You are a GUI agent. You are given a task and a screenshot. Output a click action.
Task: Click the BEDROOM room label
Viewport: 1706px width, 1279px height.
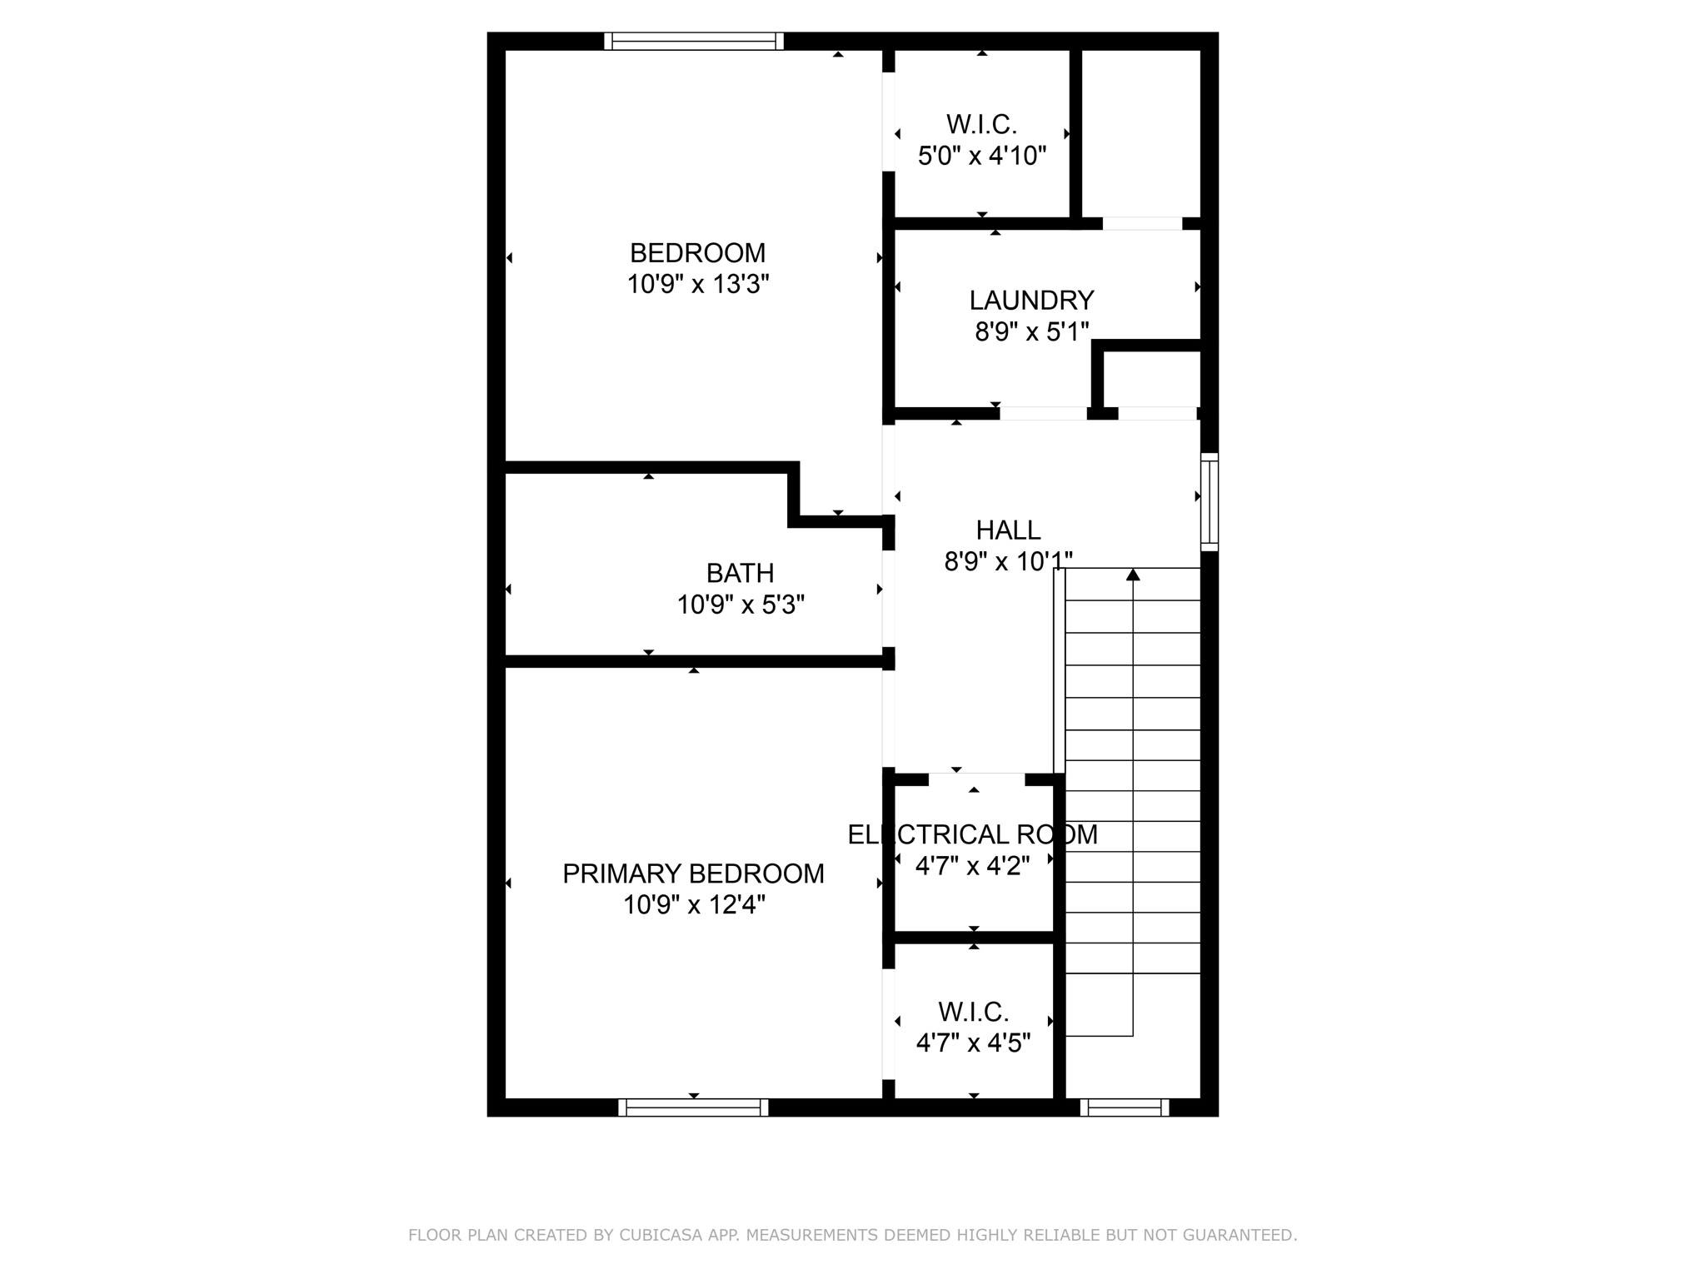(697, 252)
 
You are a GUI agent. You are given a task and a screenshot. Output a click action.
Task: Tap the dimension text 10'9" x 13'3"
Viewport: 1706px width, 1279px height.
(697, 285)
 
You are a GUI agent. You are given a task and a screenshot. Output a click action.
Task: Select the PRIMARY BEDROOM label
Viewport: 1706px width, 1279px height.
(693, 873)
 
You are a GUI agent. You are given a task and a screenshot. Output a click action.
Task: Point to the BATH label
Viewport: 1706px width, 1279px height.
(740, 573)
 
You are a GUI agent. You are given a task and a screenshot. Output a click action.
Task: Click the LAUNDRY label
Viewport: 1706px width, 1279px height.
(1031, 300)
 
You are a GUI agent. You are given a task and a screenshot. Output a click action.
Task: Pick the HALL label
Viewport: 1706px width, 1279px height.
(1008, 530)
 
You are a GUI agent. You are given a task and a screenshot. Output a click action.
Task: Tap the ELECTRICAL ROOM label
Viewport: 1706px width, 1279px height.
(972, 834)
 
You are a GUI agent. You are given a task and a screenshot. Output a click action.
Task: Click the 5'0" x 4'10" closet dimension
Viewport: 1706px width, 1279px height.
(981, 156)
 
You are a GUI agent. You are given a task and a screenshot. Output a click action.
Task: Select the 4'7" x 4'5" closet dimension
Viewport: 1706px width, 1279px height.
(973, 1043)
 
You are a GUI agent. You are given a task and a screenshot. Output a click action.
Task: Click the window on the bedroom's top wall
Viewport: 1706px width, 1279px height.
(694, 41)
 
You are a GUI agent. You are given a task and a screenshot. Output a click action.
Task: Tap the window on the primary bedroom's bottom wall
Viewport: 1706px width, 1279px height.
(693, 1107)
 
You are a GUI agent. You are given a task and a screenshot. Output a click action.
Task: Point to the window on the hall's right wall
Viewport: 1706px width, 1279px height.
(1210, 502)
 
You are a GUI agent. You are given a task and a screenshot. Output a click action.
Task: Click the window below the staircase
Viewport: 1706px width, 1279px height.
(1125, 1107)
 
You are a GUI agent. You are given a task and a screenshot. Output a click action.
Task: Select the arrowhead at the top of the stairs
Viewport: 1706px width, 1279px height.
(1133, 575)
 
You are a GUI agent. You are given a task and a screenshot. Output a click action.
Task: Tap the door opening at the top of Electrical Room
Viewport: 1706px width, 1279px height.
(976, 779)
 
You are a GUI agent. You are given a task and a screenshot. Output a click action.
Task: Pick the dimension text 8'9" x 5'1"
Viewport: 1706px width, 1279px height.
(1031, 332)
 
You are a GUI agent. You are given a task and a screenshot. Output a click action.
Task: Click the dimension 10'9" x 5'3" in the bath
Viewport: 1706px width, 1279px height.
(740, 605)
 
